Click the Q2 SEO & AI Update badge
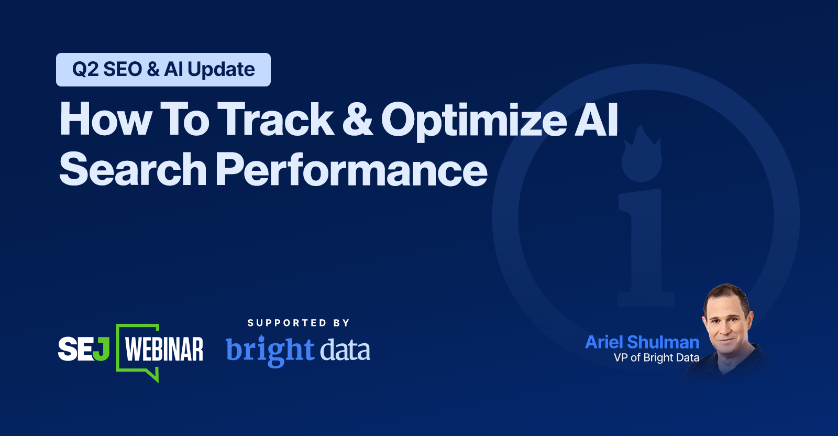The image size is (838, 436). (163, 70)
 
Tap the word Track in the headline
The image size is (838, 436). (275, 118)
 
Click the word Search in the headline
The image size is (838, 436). (133, 169)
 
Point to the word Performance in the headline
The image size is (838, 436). (351, 169)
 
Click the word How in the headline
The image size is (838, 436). (105, 118)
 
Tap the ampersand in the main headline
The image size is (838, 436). (357, 119)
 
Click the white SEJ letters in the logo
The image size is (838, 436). (76, 349)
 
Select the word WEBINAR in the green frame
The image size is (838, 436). (164, 349)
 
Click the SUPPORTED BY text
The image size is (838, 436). (299, 323)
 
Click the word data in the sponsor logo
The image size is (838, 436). (345, 350)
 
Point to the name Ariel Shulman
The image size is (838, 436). (642, 342)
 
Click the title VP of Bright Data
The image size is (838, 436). (657, 358)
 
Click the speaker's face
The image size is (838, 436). (726, 321)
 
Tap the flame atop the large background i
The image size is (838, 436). (641, 154)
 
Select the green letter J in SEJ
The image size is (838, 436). (102, 349)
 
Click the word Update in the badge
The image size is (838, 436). (221, 70)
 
